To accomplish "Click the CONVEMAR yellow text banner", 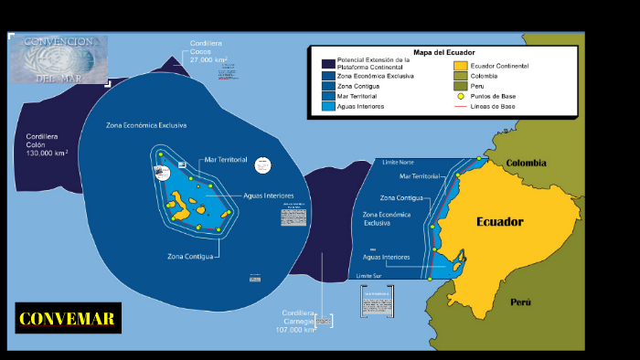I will click(68, 319).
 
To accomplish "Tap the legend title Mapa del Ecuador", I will click(444, 53).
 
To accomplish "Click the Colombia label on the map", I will click(526, 164).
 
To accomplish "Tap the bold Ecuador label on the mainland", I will click(499, 221).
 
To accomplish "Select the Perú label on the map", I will click(520, 302).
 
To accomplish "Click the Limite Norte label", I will click(399, 162).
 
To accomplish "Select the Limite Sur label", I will click(368, 275).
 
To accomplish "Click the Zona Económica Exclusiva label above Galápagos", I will click(146, 124).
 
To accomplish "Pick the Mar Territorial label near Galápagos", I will click(226, 159).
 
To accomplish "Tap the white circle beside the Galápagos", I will click(263, 165).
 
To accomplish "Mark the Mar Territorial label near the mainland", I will click(420, 175).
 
